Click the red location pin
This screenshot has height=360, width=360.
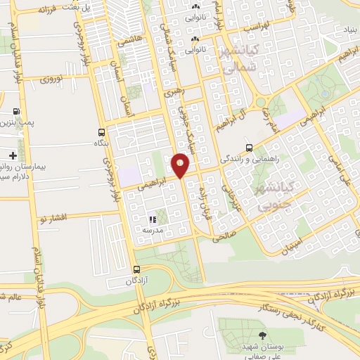click(180, 165)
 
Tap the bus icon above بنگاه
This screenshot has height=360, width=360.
click(103, 131)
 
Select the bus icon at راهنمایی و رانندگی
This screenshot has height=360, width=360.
click(249, 148)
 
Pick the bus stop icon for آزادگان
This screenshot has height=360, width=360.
click(136, 269)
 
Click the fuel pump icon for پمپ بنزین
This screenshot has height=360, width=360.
click(16, 112)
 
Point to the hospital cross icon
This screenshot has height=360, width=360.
click(13, 155)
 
